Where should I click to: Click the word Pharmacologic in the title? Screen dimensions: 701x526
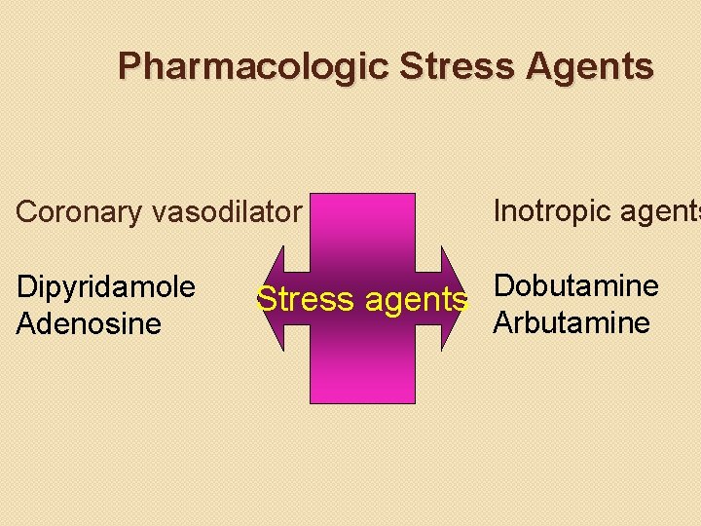coord(253,66)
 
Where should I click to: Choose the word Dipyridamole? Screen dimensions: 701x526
coord(106,287)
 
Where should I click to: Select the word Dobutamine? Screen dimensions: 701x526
coord(576,285)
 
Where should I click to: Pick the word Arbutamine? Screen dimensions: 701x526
coord(572,322)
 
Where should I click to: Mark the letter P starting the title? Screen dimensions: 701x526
coord(129,66)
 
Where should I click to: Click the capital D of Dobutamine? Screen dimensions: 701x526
coord(504,285)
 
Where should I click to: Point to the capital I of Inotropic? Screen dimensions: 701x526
coord(498,209)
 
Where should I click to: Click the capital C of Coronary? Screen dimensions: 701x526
coord(27,211)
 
